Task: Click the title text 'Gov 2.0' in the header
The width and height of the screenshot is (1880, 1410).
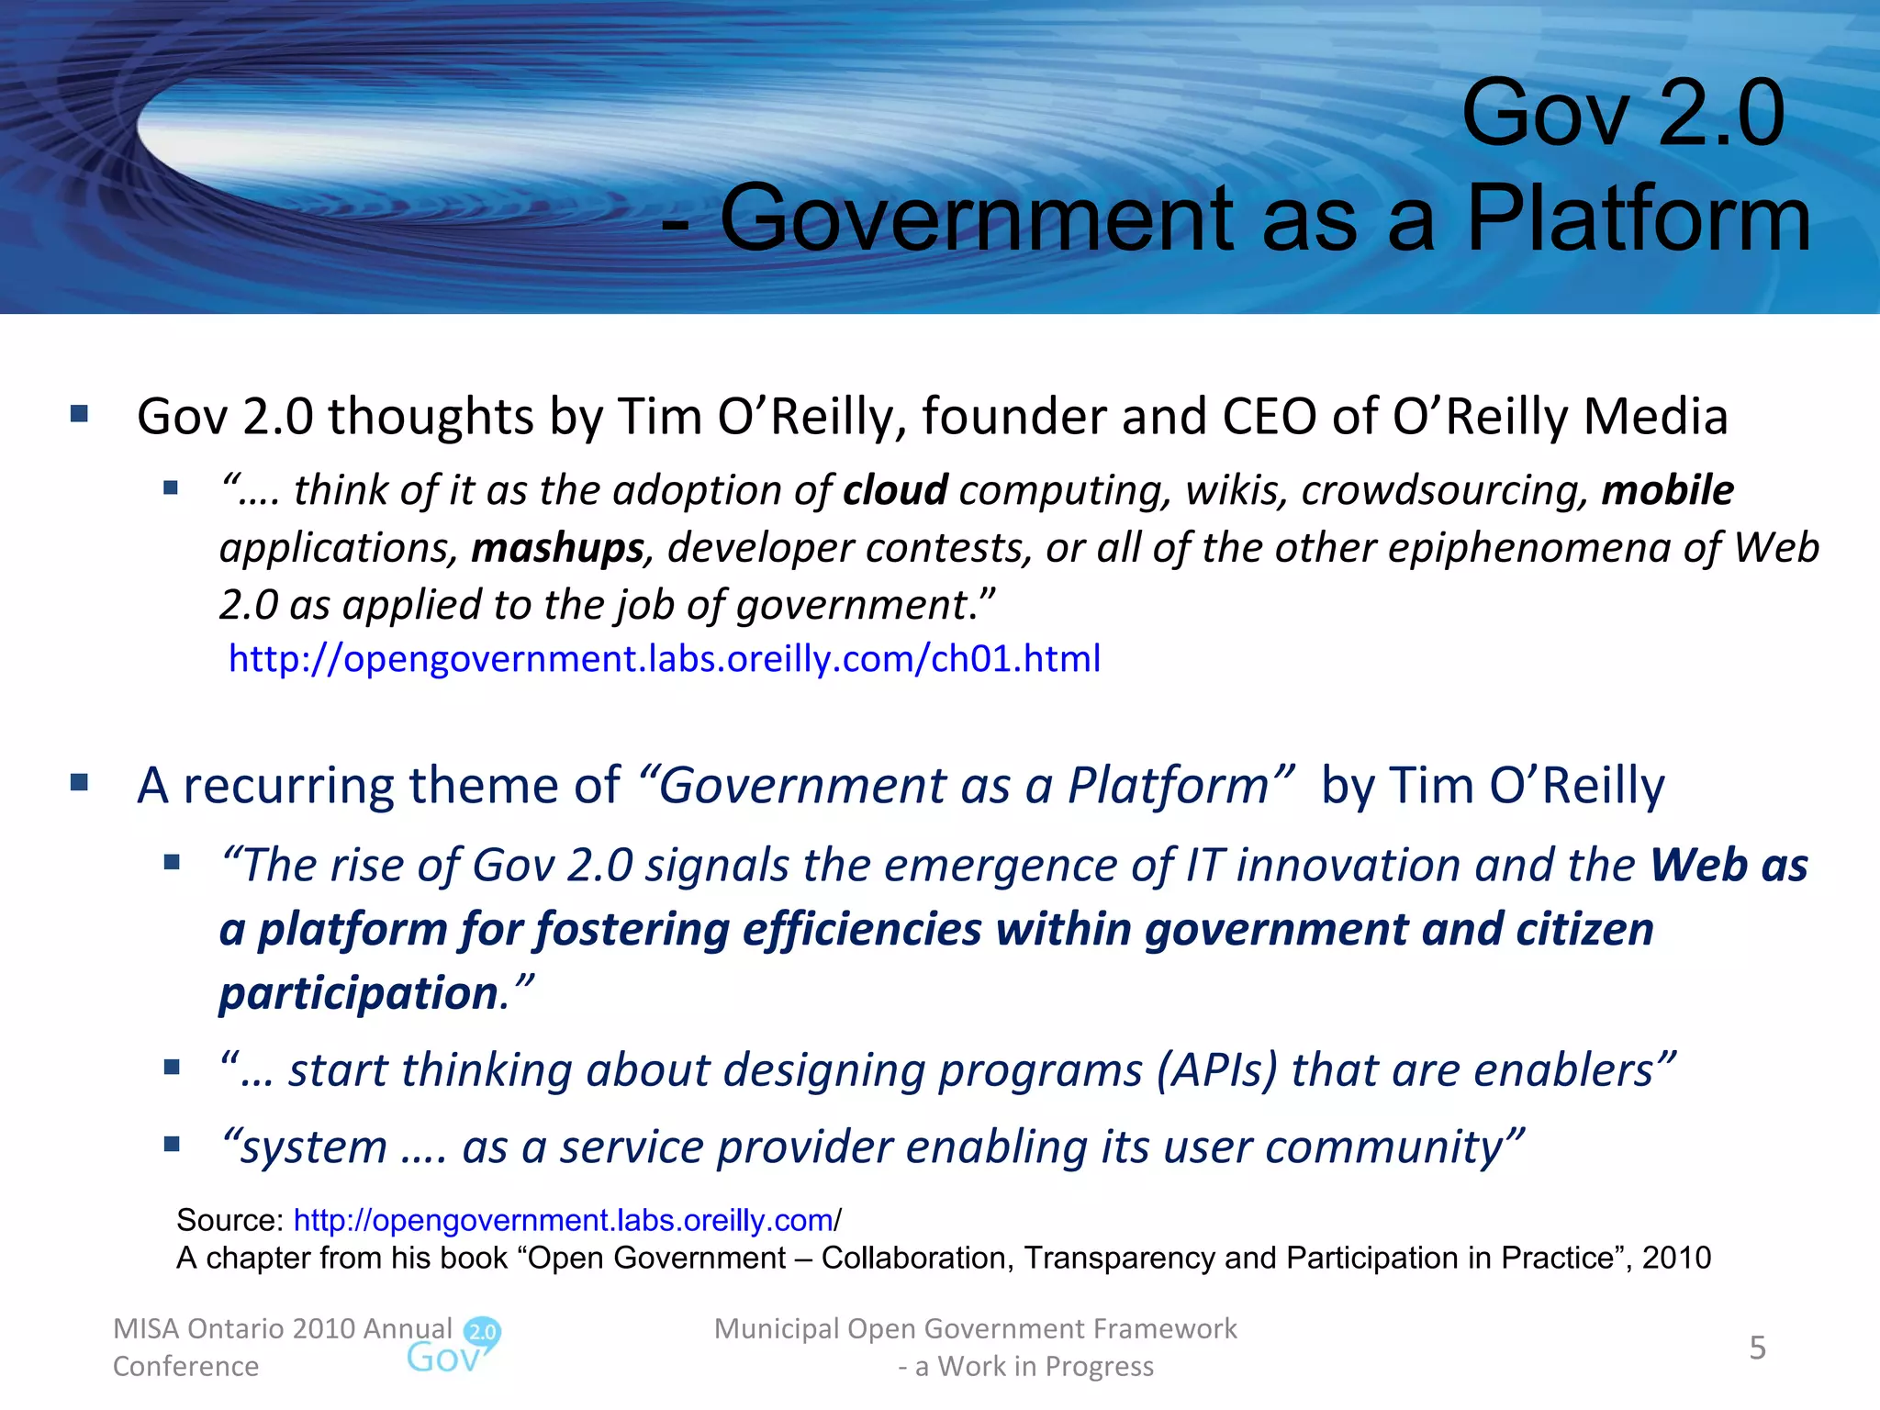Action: tap(1622, 114)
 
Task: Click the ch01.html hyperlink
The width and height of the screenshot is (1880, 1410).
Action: tap(664, 659)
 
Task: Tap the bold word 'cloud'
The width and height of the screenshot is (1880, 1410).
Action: tap(895, 490)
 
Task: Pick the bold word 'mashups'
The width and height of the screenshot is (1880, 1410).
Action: tap(557, 548)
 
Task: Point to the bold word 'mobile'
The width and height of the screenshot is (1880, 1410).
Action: tap(1667, 490)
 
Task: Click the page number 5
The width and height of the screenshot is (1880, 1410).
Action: tap(1757, 1348)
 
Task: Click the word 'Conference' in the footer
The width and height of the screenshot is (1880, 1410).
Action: tap(185, 1366)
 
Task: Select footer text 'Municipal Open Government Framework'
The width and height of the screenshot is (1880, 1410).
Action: tap(975, 1328)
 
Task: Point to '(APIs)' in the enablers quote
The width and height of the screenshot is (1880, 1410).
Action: tap(1216, 1070)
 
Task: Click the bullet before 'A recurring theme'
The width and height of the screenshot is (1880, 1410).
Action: tap(80, 783)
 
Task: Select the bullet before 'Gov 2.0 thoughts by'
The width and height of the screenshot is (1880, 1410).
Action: tap(80, 414)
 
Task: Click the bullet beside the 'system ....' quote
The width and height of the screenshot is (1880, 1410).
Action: tap(171, 1144)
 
